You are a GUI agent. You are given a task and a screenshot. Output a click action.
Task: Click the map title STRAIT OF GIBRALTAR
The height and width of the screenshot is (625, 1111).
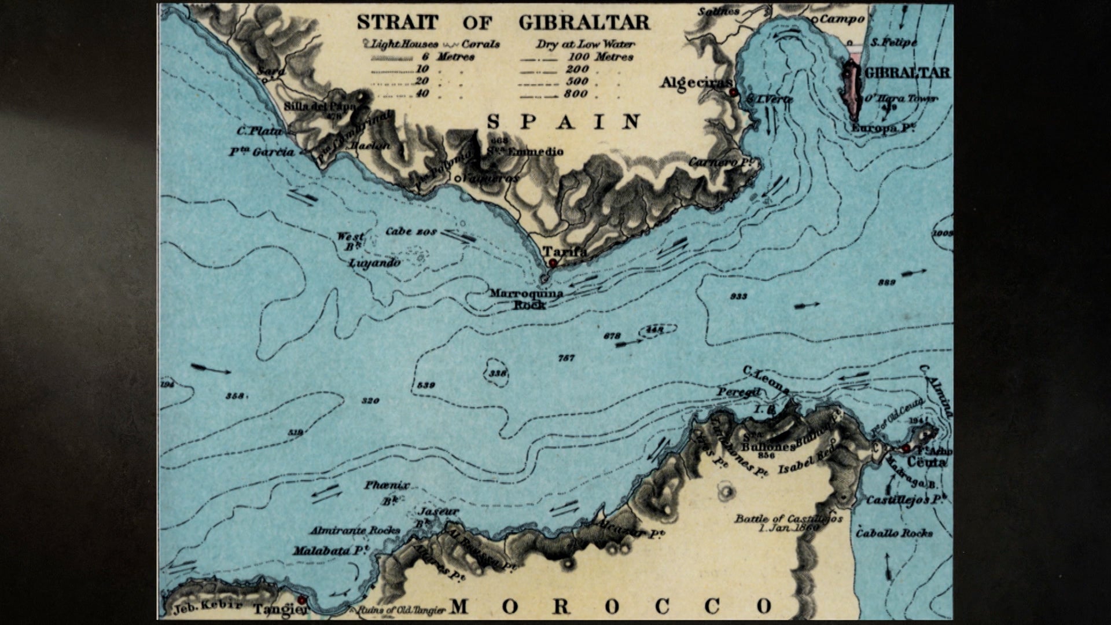coord(503,22)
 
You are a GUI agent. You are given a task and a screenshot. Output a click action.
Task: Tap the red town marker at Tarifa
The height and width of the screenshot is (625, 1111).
coord(553,263)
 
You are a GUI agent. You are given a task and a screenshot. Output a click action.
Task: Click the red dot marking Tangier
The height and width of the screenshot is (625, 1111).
coord(301,601)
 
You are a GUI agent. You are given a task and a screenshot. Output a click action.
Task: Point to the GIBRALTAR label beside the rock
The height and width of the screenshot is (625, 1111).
coord(907,72)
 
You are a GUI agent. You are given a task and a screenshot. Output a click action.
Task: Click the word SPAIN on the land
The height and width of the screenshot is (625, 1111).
coord(564,122)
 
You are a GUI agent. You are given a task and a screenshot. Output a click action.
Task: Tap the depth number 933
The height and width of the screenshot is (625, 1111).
coord(738,296)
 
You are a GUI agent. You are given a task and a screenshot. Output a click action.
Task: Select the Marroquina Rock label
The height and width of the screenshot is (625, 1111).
coord(526,299)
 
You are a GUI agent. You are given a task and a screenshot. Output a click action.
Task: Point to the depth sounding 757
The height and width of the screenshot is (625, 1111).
coord(566,358)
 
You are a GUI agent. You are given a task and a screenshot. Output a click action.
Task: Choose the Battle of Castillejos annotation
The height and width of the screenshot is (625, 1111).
coord(788,523)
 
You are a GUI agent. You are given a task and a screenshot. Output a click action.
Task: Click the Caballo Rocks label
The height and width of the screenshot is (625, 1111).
coord(895,533)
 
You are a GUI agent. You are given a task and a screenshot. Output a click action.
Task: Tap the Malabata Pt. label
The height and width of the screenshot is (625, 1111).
coord(330,551)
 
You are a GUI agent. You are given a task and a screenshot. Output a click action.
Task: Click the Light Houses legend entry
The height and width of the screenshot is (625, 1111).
coord(399,44)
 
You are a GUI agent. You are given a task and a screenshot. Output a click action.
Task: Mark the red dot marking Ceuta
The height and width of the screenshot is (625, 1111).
coord(906,449)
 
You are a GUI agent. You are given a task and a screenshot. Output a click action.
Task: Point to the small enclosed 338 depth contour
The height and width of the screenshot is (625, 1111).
coord(497,374)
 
